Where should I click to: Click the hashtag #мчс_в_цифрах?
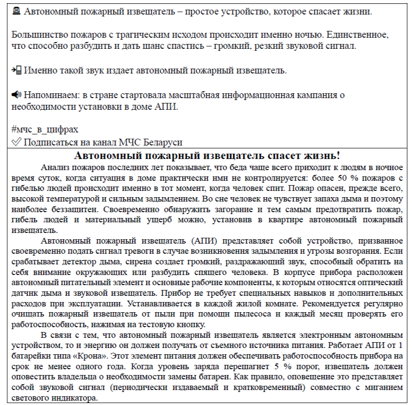coord(44,130)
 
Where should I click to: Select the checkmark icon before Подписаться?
coord(15,142)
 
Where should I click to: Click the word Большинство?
coord(39,35)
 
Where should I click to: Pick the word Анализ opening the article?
coord(56,168)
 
